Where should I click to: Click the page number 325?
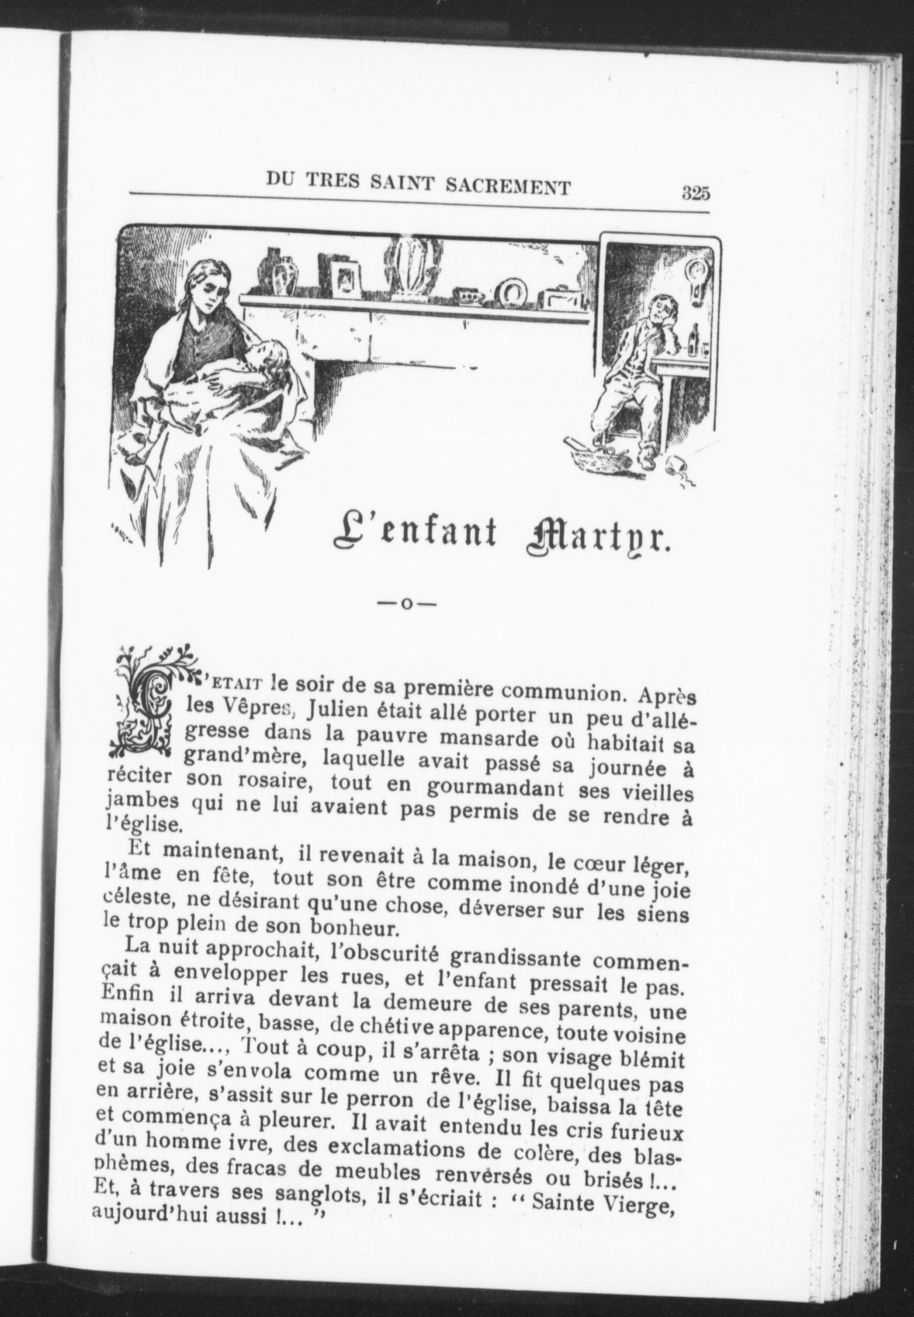pos(696,193)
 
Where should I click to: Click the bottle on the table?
pos(695,341)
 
